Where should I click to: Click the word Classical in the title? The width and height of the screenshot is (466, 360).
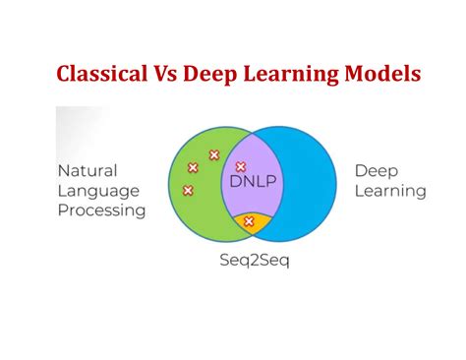point(102,75)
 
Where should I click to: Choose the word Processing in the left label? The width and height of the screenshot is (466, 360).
point(101,210)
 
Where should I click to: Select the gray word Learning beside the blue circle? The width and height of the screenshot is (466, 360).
point(390,191)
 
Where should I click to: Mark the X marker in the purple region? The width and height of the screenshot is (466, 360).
point(241,166)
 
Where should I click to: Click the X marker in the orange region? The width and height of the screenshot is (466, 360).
point(249,221)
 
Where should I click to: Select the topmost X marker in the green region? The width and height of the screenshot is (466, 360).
point(213,154)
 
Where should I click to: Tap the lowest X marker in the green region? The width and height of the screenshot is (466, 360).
point(188,190)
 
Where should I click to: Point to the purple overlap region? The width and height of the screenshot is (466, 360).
point(258,202)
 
